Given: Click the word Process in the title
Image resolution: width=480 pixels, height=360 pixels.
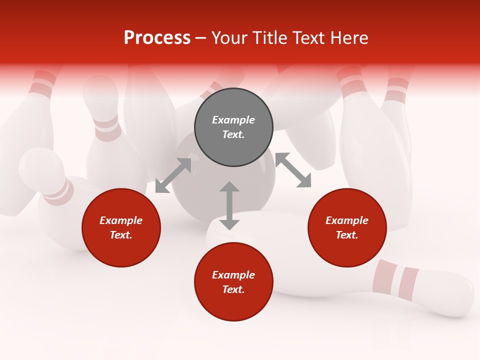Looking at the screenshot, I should [x=157, y=38].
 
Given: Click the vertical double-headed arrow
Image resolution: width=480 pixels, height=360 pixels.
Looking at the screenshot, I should [x=229, y=205].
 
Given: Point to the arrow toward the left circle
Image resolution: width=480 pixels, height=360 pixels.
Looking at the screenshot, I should [x=173, y=175].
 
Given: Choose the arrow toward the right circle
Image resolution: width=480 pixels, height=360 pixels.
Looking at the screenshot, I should [x=293, y=170].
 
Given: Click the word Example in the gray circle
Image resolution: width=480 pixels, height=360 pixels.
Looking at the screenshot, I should [x=233, y=120].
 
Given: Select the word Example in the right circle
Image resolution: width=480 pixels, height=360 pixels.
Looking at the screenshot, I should [x=347, y=220].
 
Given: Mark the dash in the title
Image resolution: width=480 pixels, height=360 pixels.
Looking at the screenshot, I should [x=200, y=38].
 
